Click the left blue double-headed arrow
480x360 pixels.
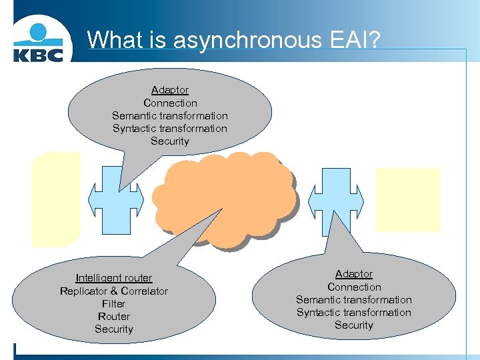pos(116,199)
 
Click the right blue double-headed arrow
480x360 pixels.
pos(336,199)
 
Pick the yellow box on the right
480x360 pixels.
pos(408,199)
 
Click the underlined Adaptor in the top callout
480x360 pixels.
pos(170,90)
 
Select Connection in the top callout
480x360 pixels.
pos(170,103)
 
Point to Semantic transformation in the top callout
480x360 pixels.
pos(170,115)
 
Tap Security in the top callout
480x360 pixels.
pos(170,141)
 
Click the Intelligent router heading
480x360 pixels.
pos(114,278)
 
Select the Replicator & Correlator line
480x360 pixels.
pos(114,291)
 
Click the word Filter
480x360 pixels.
pos(114,303)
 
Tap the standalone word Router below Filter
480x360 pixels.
pos(114,317)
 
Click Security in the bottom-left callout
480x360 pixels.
pos(114,329)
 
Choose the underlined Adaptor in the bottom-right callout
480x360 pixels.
pos(354,274)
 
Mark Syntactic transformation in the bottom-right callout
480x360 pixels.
pos(354,313)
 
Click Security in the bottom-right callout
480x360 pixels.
pos(354,325)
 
